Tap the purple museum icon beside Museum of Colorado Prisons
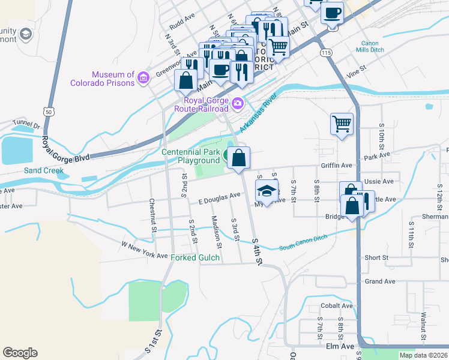[x=143, y=77]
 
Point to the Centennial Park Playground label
[x=191, y=156]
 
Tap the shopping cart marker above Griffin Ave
[x=342, y=124]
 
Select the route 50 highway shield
[x=48, y=111]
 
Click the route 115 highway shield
[x=326, y=53]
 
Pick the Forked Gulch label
[x=196, y=258]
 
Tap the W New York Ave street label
[x=144, y=250]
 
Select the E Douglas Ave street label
[x=219, y=197]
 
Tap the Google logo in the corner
[x=20, y=353]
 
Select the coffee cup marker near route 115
[x=331, y=13]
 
